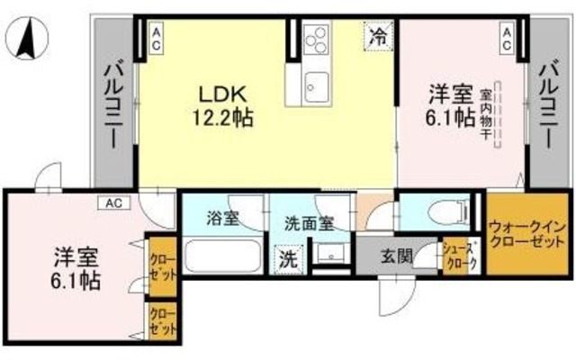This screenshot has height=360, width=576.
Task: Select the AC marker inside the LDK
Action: (x=157, y=38)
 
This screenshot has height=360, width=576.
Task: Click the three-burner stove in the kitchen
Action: (x=318, y=41)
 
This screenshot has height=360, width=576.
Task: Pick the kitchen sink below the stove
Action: (x=318, y=85)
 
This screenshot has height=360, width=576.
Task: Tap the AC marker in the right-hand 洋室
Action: (x=507, y=38)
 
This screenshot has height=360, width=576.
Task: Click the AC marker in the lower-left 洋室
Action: (x=114, y=202)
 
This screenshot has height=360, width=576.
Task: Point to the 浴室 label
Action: (x=221, y=217)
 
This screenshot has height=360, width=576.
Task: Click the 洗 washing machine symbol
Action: (x=288, y=259)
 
